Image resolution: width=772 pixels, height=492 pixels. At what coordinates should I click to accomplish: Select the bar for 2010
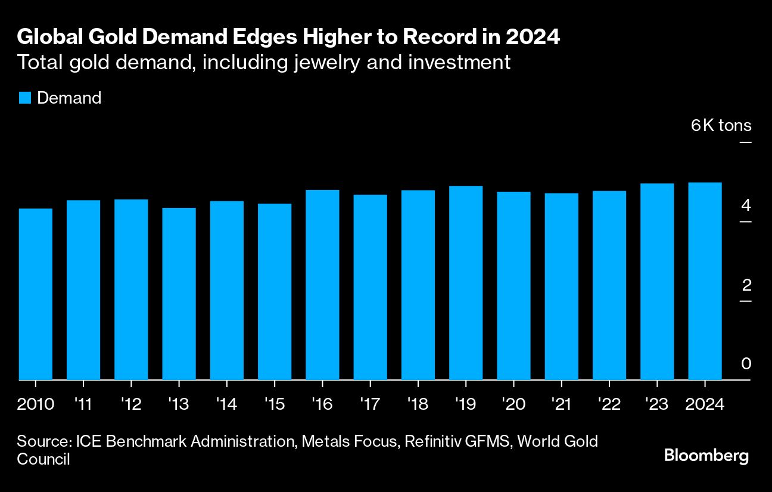tap(36, 294)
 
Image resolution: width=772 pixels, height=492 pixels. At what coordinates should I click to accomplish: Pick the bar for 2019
tap(466, 283)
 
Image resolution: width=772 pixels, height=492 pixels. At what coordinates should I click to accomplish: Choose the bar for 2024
tap(705, 281)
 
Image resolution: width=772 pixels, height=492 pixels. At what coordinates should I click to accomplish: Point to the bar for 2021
tap(561, 287)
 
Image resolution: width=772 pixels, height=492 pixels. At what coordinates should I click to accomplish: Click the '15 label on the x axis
tap(275, 404)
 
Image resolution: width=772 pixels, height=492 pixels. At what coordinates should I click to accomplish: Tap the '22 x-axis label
tap(609, 404)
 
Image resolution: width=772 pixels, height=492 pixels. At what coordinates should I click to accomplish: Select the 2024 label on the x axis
tap(705, 404)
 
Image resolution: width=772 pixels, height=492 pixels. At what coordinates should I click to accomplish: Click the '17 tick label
tap(370, 404)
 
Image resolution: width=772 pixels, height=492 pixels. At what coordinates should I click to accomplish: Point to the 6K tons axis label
tap(721, 126)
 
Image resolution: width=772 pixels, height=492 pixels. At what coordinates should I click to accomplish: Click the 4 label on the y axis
tap(746, 206)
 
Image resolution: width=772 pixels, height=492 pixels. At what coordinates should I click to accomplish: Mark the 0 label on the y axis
tap(746, 364)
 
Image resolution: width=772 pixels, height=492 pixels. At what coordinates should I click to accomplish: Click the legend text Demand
tap(69, 98)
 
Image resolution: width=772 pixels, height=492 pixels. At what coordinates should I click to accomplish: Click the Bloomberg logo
tap(706, 456)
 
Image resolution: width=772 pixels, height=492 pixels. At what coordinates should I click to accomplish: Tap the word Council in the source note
tap(43, 459)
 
